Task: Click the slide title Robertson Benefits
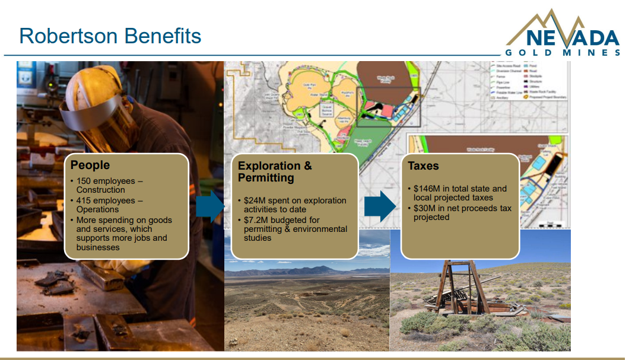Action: click(x=110, y=36)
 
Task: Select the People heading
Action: click(x=90, y=165)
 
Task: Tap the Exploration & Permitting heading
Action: click(x=275, y=171)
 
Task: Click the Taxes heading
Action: click(x=423, y=166)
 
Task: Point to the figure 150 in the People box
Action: click(x=84, y=181)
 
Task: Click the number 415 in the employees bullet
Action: click(x=84, y=200)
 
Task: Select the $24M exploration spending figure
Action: click(x=254, y=200)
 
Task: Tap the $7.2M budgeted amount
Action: click(x=256, y=220)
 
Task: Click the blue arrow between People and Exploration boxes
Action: click(x=209, y=205)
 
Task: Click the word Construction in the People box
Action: click(x=100, y=190)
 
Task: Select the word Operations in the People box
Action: click(x=97, y=209)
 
